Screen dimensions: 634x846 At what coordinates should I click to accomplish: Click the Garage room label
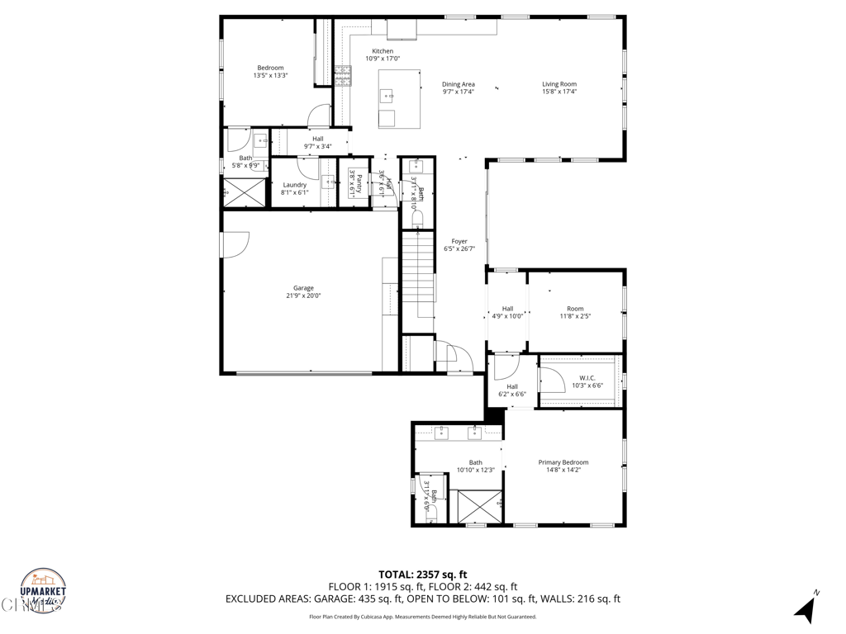[x=303, y=288]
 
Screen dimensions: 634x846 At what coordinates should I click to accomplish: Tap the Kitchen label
[x=383, y=51]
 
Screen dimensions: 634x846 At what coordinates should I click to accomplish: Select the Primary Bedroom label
[x=563, y=462]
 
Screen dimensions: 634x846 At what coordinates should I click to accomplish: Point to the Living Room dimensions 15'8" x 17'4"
[x=559, y=92]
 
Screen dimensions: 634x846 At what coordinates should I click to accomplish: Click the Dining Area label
[x=459, y=84]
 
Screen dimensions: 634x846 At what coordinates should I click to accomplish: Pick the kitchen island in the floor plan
[x=399, y=98]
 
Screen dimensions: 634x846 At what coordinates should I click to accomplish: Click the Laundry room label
[x=295, y=185]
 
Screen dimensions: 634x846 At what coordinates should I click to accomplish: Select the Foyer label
[x=459, y=242]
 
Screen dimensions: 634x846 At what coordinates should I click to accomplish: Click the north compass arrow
[x=806, y=608]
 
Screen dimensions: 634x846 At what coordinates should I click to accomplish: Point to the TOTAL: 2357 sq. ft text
[x=423, y=575]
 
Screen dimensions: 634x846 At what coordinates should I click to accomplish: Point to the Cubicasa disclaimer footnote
[x=423, y=617]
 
